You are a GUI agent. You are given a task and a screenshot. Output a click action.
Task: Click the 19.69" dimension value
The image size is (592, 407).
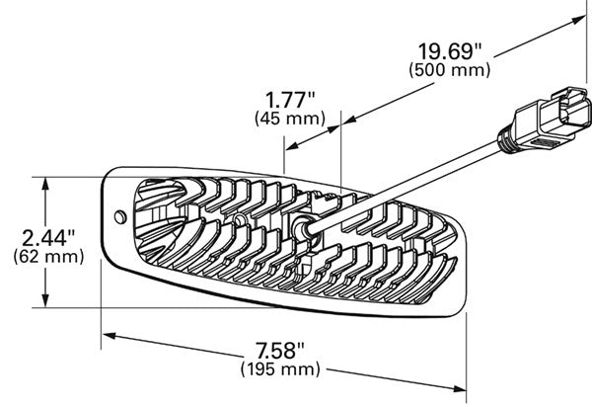click(450, 51)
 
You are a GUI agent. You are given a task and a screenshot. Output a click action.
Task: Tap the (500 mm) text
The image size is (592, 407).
click(450, 70)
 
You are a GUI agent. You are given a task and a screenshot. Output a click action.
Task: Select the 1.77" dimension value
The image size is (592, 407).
click(290, 101)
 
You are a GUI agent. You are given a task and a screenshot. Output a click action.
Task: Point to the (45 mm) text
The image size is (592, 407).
click(290, 119)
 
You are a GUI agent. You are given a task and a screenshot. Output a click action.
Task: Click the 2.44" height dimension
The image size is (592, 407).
click(48, 238)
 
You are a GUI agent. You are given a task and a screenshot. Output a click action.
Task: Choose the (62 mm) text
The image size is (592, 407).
click(48, 257)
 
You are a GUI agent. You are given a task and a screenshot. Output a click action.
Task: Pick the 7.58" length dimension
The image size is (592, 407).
click(280, 351)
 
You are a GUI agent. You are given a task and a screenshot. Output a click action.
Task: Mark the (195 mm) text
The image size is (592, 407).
click(280, 369)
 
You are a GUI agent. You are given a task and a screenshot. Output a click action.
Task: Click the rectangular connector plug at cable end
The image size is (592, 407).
click(554, 119)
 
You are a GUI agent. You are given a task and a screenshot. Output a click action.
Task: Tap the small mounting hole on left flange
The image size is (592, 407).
click(120, 217)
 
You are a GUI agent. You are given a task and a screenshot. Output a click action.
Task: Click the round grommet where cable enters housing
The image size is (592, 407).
click(303, 228)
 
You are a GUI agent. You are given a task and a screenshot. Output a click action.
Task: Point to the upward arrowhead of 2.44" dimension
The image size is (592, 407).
click(45, 184)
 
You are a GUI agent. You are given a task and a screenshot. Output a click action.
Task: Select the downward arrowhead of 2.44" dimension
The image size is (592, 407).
click(45, 300)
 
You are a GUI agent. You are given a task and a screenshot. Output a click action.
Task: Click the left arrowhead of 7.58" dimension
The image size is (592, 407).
click(110, 335)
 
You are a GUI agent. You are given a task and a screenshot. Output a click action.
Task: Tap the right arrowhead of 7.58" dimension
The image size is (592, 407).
click(459, 389)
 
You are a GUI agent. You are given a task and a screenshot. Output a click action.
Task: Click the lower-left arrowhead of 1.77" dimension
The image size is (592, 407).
click(292, 146)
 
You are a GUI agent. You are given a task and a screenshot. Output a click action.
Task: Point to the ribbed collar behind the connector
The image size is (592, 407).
click(507, 141)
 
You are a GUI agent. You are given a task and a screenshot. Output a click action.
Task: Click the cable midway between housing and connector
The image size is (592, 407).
click(404, 185)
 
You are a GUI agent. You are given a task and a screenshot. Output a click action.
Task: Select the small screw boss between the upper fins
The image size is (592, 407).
click(239, 219)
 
